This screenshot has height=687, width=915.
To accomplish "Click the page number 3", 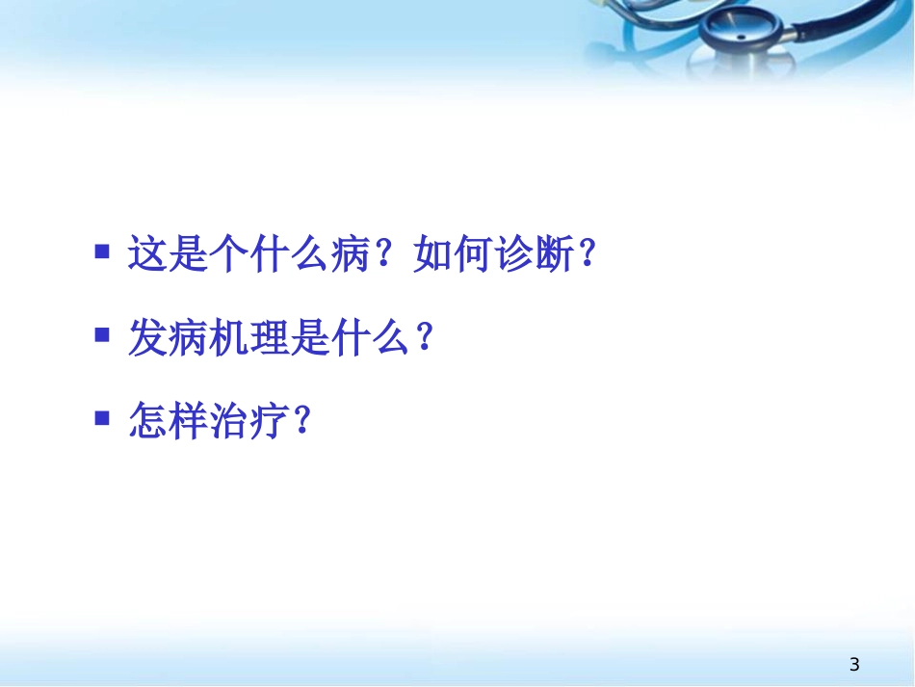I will coord(854,664).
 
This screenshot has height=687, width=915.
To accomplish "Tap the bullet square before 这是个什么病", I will coord(102,252).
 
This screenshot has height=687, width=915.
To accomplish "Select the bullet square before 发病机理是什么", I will coord(102,334).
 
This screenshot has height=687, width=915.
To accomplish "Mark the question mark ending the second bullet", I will coord(425,338).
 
